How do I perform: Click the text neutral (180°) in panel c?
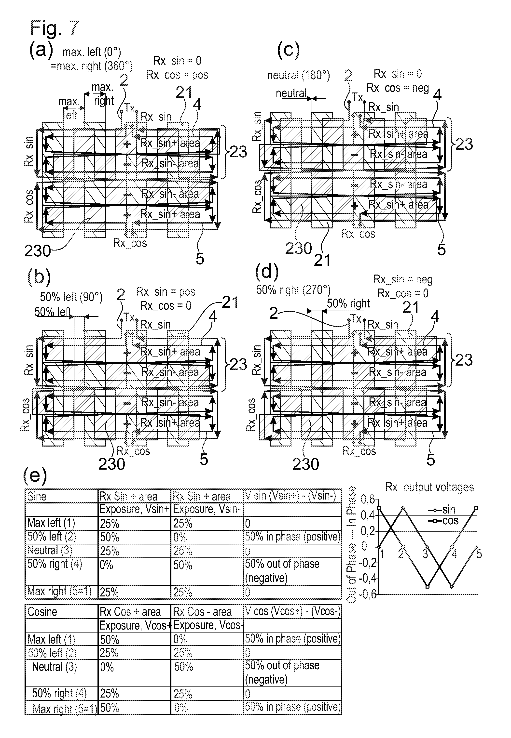pyautogui.click(x=298, y=76)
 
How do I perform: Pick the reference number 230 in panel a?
pyautogui.click(x=38, y=251)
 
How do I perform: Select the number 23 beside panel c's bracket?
pyautogui.click(x=464, y=145)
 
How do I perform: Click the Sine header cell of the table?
pyautogui.click(x=37, y=497)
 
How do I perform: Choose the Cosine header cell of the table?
pyautogui.click(x=42, y=612)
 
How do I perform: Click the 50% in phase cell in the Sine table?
pyautogui.click(x=292, y=537)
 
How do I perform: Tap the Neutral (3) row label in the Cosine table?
pyautogui.click(x=55, y=667)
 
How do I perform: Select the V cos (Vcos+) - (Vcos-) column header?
pyautogui.click(x=292, y=611)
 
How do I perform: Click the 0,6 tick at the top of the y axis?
pyautogui.click(x=368, y=499)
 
